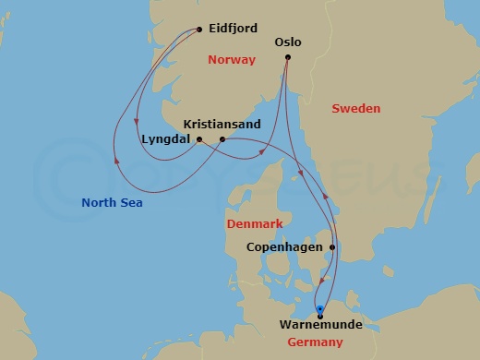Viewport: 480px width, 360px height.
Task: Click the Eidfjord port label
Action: [234, 29]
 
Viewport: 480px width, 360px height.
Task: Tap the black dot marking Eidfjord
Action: [200, 29]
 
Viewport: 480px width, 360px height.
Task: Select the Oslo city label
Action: [289, 42]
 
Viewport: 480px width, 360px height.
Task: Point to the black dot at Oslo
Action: [288, 57]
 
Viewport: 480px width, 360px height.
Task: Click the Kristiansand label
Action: [222, 124]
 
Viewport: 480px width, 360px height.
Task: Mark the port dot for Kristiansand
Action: [222, 139]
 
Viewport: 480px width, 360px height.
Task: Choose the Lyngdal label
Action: [166, 139]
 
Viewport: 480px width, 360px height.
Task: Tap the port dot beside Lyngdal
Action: [199, 139]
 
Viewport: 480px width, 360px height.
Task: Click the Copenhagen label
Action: [284, 247]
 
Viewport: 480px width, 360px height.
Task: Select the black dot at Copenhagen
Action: [332, 247]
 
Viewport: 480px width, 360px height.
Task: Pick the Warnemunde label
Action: [323, 326]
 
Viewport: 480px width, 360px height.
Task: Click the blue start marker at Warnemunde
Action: [319, 309]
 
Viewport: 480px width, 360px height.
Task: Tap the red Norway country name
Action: [231, 61]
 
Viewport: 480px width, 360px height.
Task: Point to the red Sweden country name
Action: [355, 109]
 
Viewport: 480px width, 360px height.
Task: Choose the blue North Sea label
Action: [112, 203]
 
